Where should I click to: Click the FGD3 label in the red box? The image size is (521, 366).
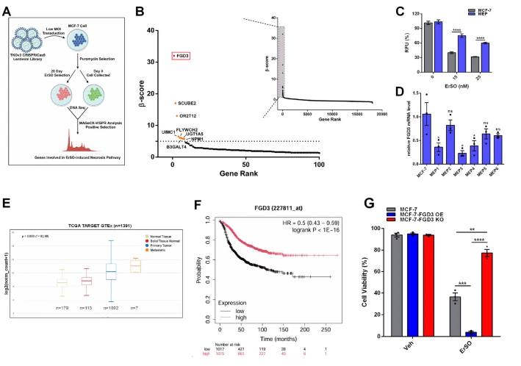click(182, 55)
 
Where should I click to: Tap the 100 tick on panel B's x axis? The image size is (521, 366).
click(318, 165)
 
